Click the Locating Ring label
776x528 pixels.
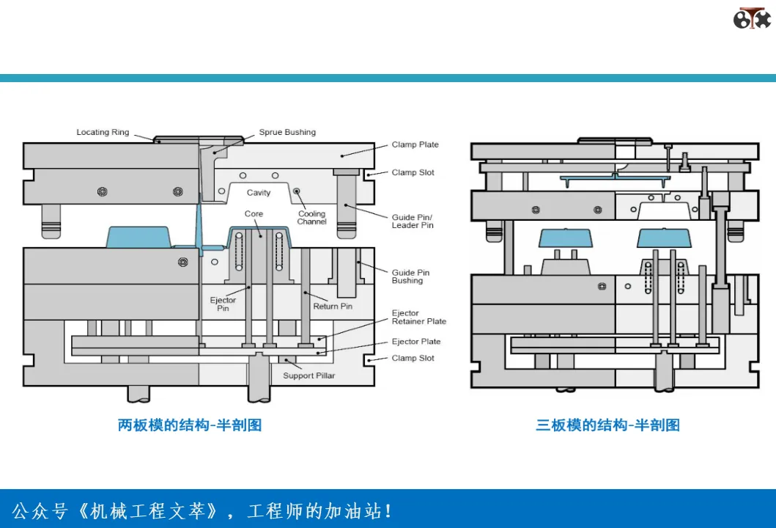pos(103,132)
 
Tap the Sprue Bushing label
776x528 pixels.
pos(287,132)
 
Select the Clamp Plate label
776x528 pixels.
pos(415,144)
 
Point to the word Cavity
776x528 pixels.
pos(259,193)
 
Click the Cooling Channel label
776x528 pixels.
pos(311,218)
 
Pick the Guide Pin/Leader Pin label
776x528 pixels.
pos(413,221)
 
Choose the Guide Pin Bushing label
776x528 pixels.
pos(410,276)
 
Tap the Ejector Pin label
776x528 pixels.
pos(223,304)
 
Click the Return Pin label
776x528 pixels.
pos(333,307)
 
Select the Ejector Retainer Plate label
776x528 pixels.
pos(418,317)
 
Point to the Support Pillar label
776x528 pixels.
pos(308,376)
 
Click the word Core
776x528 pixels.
pos(254,214)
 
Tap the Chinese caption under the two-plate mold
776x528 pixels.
pos(190,425)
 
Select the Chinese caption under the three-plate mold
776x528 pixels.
pos(607,425)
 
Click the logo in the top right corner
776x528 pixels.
pos(752,18)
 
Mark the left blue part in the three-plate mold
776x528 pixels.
pos(566,238)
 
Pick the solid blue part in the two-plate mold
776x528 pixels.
pos(138,238)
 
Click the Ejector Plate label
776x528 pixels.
pos(415,342)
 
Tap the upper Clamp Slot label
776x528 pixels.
pos(413,173)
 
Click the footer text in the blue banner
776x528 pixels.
pos(202,511)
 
